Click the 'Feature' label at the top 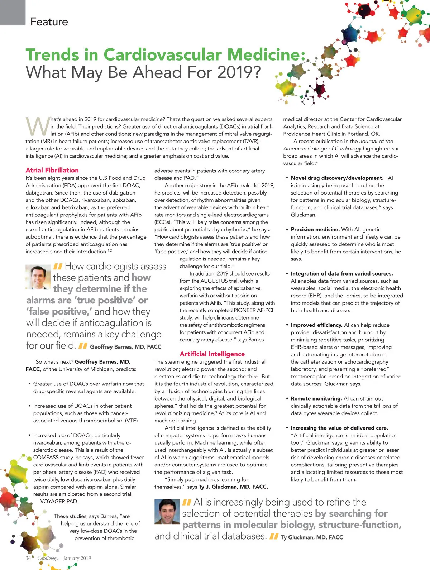pyautogui.click(x=49, y=22)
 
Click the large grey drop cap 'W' pyautogui.click(x=37, y=126)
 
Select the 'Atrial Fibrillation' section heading pyautogui.click(x=52, y=170)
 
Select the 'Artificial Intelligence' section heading pyautogui.click(x=212, y=354)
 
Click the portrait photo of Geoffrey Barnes pyautogui.click(x=38, y=277)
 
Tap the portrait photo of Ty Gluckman pyautogui.click(x=167, y=512)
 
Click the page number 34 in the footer pyautogui.click(x=28, y=558)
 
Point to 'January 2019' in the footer pyautogui.click(x=77, y=558)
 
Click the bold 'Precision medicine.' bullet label pyautogui.click(x=315, y=229)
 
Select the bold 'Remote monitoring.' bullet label pyautogui.click(x=316, y=398)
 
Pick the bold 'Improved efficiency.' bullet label pyautogui.click(x=316, y=325)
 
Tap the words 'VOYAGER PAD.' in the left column pyautogui.click(x=59, y=502)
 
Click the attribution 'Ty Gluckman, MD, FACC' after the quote pyautogui.click(x=312, y=537)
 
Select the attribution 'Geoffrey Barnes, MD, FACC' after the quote pyautogui.click(x=125, y=347)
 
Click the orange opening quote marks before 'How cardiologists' pyautogui.click(x=58, y=267)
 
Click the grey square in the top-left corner pyautogui.click(x=13, y=13)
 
